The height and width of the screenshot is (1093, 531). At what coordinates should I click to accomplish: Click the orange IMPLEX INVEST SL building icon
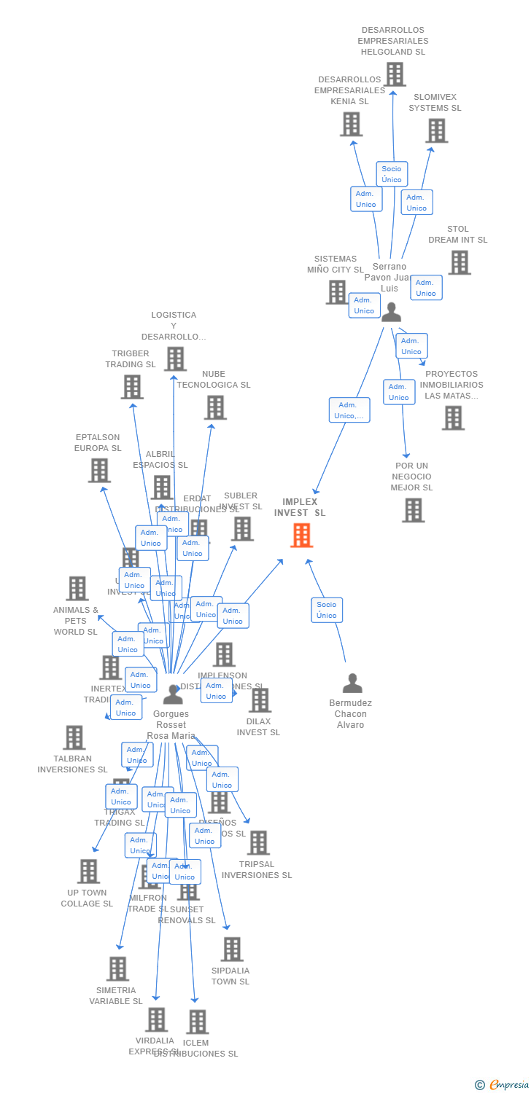[301, 535]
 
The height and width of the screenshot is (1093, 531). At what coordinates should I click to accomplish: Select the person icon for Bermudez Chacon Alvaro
[352, 683]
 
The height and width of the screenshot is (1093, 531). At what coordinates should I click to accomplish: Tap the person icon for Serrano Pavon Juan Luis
[391, 312]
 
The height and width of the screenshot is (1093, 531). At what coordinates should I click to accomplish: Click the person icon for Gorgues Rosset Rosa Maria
[173, 694]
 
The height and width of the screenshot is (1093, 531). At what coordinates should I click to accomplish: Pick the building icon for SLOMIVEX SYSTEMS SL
[436, 130]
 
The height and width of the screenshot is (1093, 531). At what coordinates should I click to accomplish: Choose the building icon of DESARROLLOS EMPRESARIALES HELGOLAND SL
[395, 74]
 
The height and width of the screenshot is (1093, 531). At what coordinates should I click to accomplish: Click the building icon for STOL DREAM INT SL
[459, 262]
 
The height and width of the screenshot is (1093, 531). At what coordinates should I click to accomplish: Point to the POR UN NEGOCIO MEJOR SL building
[413, 510]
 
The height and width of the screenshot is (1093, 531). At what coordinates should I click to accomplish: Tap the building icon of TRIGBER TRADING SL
[132, 387]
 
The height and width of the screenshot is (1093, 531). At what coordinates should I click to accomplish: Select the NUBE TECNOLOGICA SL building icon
[215, 407]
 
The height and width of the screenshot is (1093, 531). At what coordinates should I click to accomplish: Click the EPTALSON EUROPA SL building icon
[99, 470]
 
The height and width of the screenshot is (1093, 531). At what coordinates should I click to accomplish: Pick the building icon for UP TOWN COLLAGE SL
[88, 871]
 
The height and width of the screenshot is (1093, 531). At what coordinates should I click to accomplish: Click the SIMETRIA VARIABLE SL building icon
[117, 968]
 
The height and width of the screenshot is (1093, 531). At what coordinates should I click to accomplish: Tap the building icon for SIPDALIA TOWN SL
[232, 949]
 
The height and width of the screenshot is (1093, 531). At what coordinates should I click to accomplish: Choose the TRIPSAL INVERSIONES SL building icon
[257, 842]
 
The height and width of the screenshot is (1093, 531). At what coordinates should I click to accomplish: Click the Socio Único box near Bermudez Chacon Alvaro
[327, 610]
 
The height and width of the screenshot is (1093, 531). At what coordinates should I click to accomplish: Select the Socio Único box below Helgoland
[392, 174]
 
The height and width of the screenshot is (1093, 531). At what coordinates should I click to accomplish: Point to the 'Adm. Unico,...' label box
[349, 410]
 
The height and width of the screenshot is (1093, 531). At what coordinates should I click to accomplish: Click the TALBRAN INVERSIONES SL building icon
[74, 737]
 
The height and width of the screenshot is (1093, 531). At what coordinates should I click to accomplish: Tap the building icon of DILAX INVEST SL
[259, 700]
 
